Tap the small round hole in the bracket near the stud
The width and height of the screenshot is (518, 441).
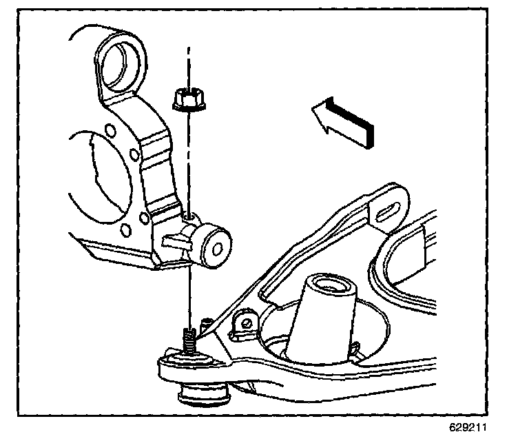[x=243, y=322]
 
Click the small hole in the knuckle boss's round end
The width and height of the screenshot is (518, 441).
[x=220, y=242]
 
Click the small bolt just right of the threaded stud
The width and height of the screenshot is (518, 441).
[x=205, y=322]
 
